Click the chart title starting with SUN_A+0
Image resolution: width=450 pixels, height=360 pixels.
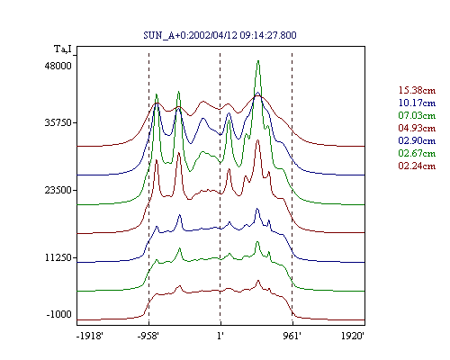(x=220, y=35)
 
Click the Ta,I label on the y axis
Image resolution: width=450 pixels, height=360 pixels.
(x=63, y=49)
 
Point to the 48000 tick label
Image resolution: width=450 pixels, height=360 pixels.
(x=58, y=66)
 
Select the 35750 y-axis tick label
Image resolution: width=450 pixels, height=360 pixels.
(x=58, y=122)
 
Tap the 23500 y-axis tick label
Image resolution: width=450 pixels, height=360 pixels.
(x=58, y=190)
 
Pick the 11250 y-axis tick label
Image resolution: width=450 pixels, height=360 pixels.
(x=58, y=257)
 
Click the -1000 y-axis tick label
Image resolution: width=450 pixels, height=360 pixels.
(x=59, y=314)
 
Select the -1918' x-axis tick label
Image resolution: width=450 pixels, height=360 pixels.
(x=90, y=336)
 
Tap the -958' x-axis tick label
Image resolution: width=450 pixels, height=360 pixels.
(x=148, y=336)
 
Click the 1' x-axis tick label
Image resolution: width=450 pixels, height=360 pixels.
(x=220, y=336)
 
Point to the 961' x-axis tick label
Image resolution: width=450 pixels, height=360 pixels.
(x=292, y=336)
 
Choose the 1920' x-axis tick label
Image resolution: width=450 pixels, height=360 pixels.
(x=353, y=336)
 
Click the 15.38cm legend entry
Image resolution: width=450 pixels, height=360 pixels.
(x=417, y=90)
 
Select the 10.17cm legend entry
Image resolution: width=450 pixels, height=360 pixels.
(x=417, y=103)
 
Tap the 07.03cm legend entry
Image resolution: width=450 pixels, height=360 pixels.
(x=417, y=115)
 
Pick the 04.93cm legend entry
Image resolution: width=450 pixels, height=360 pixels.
(x=417, y=128)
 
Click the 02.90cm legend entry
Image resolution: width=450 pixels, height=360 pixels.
(x=417, y=140)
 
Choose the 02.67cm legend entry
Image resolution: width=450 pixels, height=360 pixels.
(x=417, y=153)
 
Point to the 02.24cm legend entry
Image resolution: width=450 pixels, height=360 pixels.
(x=417, y=166)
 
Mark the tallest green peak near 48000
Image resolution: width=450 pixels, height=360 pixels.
(x=258, y=61)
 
